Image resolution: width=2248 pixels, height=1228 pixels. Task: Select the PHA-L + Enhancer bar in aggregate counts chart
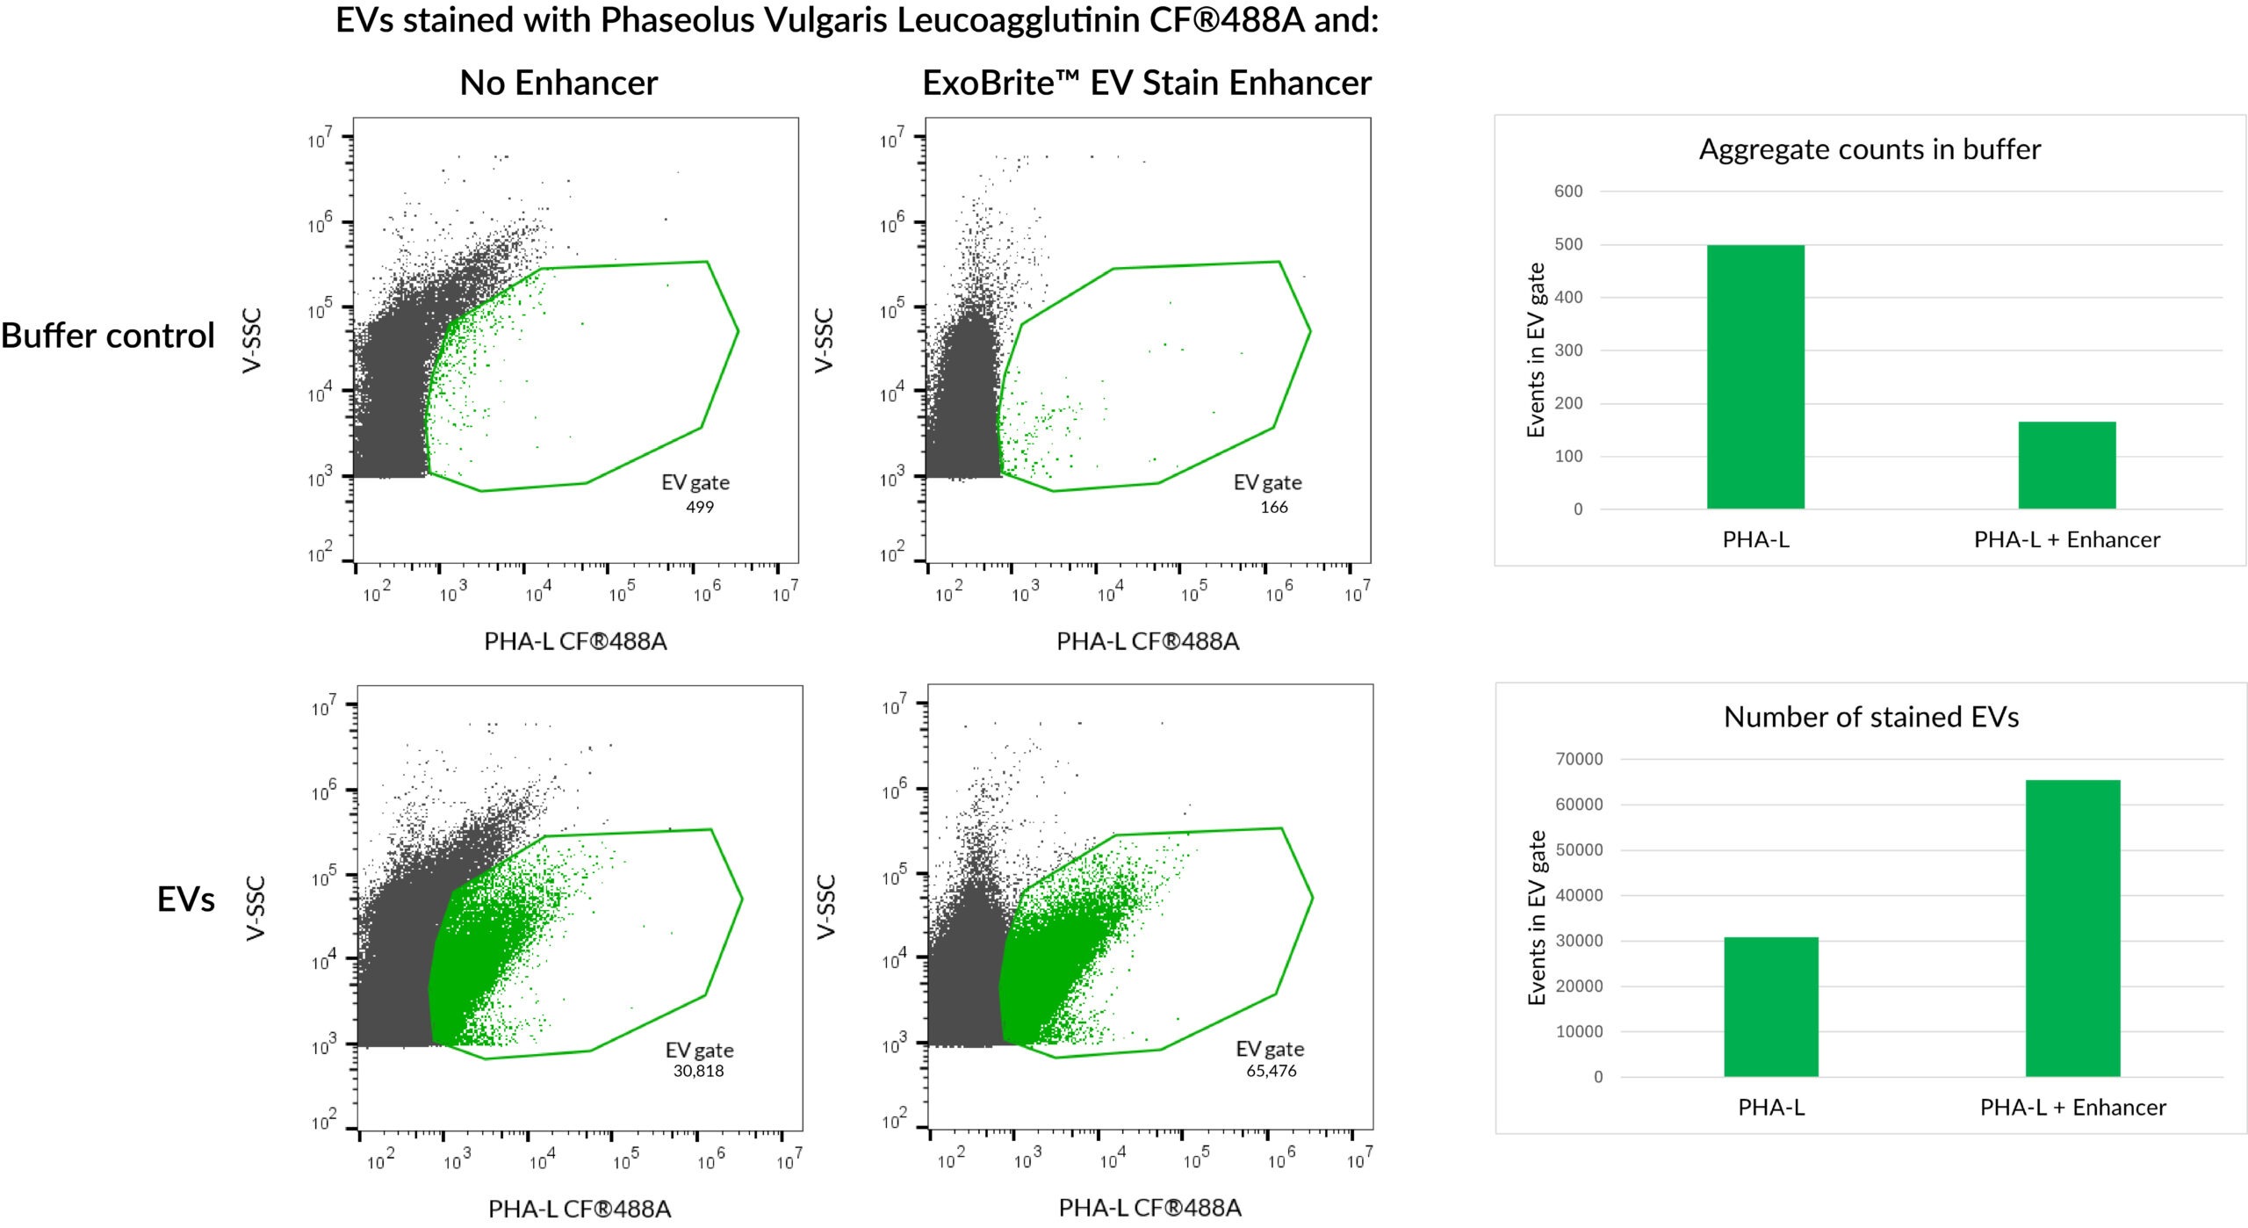[x=2066, y=465]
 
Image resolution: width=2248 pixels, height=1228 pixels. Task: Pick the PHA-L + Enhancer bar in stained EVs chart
[x=2072, y=928]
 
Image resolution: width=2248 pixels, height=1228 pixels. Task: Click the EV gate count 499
[x=699, y=507]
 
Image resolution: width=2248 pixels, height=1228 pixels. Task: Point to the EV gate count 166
[x=1273, y=507]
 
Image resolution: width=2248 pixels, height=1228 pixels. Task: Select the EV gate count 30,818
[x=698, y=1070]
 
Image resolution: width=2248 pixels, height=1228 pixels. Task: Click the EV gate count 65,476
[x=1271, y=1070]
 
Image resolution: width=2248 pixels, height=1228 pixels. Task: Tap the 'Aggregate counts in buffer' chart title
[x=1870, y=149]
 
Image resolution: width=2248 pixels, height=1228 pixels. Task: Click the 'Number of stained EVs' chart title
[x=1870, y=717]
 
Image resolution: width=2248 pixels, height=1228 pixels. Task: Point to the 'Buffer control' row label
[x=108, y=336]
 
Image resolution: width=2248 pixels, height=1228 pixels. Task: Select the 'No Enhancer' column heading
[x=558, y=83]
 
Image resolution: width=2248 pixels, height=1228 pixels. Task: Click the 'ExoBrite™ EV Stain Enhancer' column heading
[x=1146, y=83]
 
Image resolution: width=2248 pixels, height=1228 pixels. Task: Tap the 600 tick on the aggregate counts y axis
[x=1567, y=191]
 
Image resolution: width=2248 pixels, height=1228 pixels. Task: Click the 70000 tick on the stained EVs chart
[x=1578, y=759]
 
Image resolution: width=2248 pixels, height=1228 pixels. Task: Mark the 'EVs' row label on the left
[x=185, y=899]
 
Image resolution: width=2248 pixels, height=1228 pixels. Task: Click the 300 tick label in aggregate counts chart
[x=1567, y=350]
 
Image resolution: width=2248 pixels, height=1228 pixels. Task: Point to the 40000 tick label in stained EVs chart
[x=1578, y=895]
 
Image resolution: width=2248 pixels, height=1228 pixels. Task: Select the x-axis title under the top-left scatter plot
[x=575, y=641]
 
